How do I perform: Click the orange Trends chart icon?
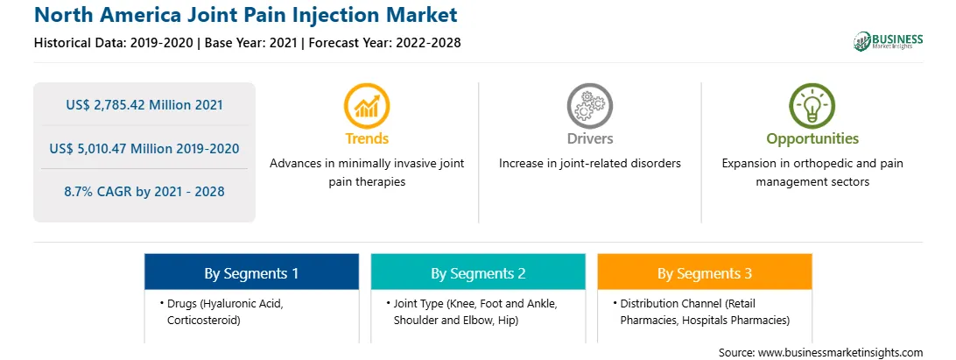[x=367, y=106]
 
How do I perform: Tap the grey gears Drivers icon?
[x=589, y=106]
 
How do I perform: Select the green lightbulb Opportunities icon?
[x=812, y=106]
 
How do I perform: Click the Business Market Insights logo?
[x=889, y=41]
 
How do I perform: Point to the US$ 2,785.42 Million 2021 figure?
[x=144, y=104]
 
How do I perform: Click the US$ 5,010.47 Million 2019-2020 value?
[x=144, y=148]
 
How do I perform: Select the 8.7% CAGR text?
[x=144, y=192]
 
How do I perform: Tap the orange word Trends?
[x=367, y=138]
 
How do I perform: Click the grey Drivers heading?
[x=589, y=138]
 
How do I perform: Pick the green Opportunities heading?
[x=812, y=138]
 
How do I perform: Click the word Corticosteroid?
[x=204, y=320]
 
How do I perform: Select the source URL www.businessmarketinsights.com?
[x=840, y=352]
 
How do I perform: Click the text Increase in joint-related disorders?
[x=589, y=164]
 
